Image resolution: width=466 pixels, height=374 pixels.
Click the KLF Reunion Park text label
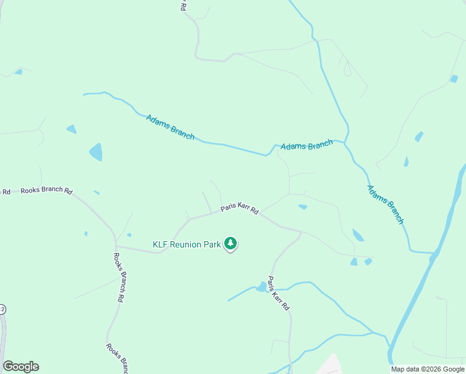(187, 245)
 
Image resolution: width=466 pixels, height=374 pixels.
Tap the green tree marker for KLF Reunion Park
(231, 243)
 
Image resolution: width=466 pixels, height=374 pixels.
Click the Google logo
(21, 366)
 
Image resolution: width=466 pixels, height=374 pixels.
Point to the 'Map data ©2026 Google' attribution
(427, 369)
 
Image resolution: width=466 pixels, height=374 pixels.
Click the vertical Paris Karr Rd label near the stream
(278, 294)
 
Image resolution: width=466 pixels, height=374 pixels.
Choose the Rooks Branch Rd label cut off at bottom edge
(117, 356)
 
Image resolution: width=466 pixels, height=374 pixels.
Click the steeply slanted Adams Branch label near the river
(386, 204)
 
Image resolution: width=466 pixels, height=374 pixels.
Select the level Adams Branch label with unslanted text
(307, 146)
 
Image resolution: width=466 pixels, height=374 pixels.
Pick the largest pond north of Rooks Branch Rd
(95, 152)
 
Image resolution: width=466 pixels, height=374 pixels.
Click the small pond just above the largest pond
(71, 129)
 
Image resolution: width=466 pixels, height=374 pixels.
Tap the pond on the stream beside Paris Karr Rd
(261, 287)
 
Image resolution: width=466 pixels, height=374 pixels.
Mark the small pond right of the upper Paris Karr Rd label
(303, 207)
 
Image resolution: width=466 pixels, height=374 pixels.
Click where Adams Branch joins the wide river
(434, 254)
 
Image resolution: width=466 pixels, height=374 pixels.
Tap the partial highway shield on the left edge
(2, 309)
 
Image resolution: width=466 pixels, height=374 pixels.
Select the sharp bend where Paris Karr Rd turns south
(301, 233)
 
